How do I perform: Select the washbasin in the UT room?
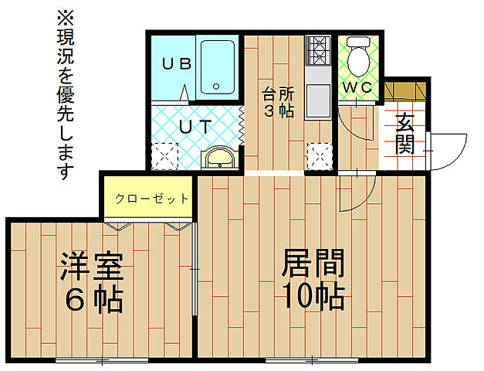point(220,158)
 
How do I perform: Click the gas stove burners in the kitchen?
point(317,52)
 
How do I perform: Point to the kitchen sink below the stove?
point(318,99)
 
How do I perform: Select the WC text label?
point(358,87)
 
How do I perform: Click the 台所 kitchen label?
point(278,94)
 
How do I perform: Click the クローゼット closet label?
point(151,199)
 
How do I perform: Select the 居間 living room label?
point(312,265)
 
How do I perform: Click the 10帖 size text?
point(312,297)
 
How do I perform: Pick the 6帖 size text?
point(92,300)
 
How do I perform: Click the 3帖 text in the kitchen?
point(278,111)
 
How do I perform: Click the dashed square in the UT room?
point(164,156)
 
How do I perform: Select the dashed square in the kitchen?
point(318,156)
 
